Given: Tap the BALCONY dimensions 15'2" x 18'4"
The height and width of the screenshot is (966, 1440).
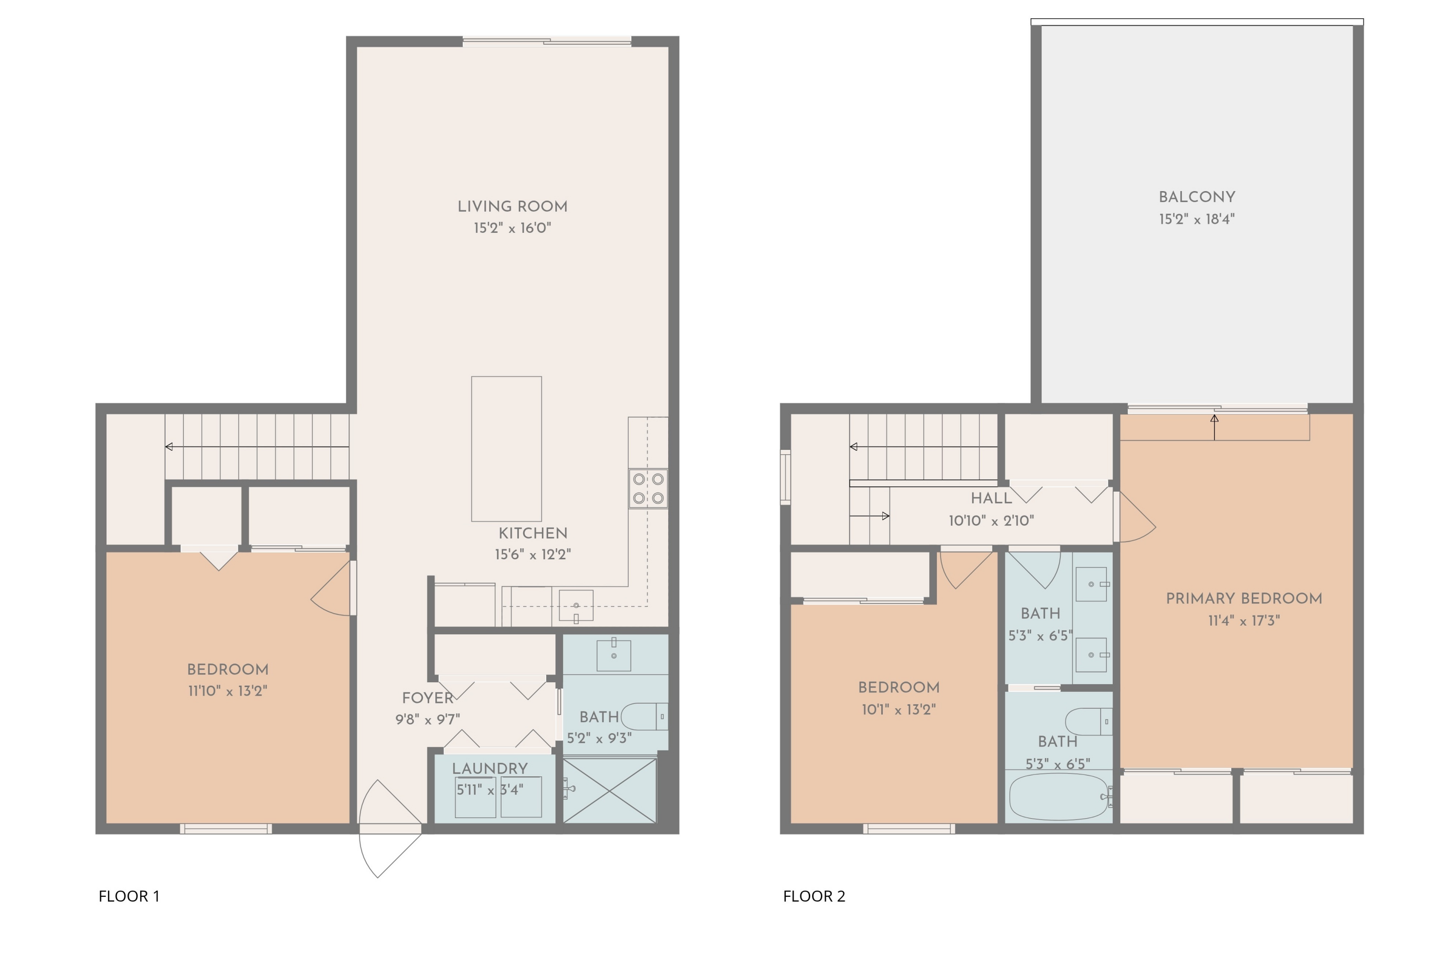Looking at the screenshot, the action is point(1196,219).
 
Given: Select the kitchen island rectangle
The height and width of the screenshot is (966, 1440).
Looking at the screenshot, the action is point(506,448).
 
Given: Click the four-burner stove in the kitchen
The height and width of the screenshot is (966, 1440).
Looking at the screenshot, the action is point(648,489).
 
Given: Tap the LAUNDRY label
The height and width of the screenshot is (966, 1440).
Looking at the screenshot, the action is point(490,768).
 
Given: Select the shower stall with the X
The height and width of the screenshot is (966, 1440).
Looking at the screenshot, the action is point(610,790).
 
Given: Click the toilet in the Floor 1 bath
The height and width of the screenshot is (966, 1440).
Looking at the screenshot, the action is point(644,716).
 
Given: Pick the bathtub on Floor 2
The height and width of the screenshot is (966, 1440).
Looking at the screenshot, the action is point(1059,796).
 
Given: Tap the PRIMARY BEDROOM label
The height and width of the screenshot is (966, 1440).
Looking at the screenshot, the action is point(1244,598).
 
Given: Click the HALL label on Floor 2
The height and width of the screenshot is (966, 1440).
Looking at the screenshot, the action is point(991,498).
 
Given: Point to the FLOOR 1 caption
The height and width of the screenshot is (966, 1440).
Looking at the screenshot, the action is point(129,896).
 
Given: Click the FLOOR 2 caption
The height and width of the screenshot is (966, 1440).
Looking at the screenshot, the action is point(814,896).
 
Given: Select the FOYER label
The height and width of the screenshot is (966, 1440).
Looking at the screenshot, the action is point(428,698).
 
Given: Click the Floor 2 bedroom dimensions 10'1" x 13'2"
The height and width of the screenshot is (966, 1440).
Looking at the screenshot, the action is point(899,710).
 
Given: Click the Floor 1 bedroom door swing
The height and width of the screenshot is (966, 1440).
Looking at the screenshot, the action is point(331,588).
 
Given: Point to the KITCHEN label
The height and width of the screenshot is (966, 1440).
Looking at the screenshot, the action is point(533,533).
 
